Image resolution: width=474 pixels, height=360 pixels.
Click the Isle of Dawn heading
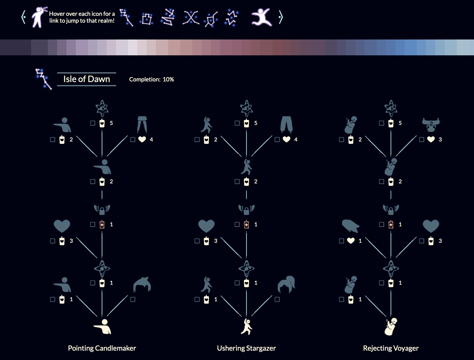coord(86,79)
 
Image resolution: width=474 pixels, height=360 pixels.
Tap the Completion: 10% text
coord(151,80)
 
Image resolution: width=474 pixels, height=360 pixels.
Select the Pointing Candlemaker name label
coord(102,348)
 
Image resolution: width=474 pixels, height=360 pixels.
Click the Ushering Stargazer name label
coord(246,348)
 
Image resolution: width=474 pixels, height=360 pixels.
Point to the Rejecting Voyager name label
coord(391,348)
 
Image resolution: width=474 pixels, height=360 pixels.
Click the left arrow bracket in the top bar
coord(23,17)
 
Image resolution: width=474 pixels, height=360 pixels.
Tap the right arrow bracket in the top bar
coord(281,17)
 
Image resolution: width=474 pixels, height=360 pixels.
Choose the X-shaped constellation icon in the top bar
coord(191,17)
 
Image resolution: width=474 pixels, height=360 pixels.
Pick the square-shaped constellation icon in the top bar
coord(147,19)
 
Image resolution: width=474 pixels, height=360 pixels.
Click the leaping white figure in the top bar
coord(262,17)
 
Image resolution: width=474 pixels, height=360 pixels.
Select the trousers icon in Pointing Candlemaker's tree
coord(142,124)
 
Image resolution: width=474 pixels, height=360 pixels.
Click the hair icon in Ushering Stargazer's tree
coord(286,284)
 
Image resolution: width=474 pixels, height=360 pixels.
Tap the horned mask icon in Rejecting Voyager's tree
coord(431,124)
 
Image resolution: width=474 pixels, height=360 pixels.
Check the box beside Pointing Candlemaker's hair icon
coord(133,299)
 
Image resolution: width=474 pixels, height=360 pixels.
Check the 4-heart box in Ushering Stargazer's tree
coord(277,140)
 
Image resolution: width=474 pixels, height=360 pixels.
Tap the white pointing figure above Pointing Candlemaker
coord(103,326)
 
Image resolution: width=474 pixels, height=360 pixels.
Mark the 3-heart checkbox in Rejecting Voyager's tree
coord(422,140)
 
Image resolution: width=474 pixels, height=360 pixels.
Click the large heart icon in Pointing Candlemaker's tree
coord(62,226)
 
